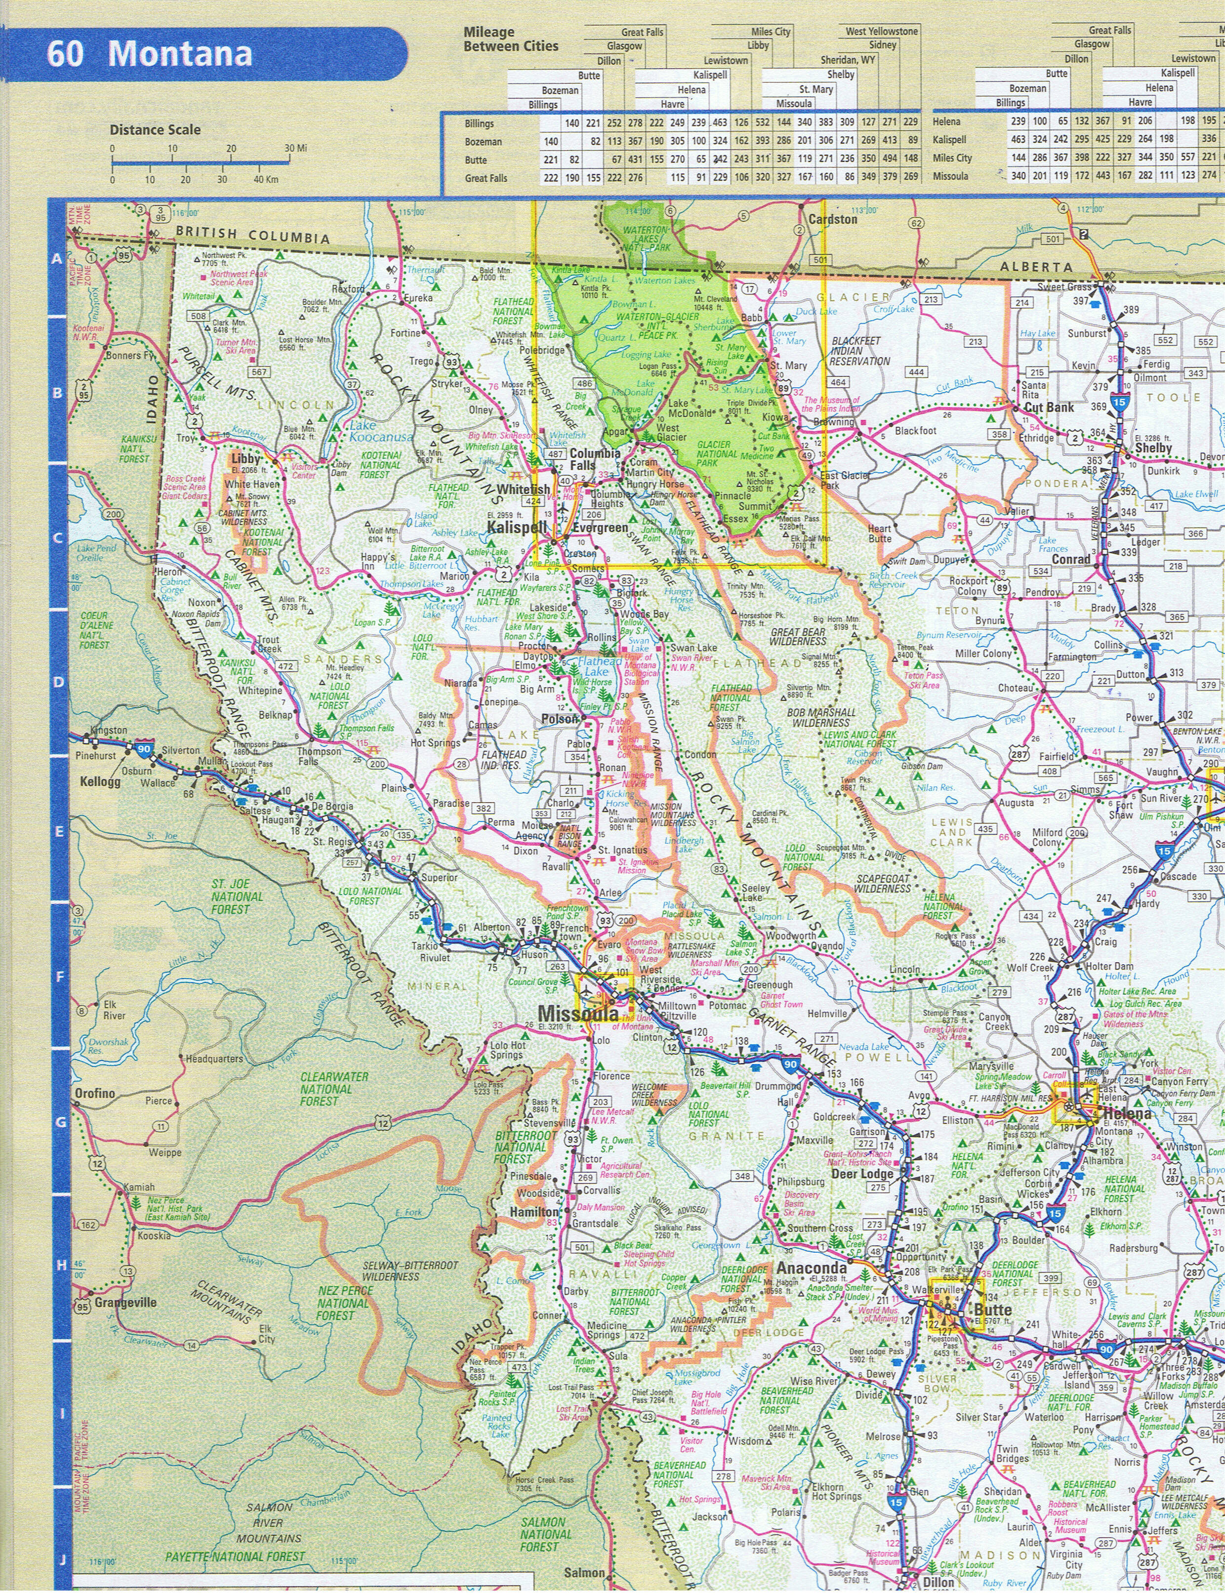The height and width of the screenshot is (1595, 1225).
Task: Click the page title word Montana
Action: coord(179,54)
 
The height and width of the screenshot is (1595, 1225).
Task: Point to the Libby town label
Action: coord(245,458)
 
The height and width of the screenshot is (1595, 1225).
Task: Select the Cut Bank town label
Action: coord(1049,408)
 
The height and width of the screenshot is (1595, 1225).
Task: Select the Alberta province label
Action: coord(1036,268)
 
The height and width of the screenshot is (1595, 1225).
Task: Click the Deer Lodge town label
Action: coord(862,1174)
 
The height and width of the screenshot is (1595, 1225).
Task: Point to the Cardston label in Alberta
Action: coord(833,219)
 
